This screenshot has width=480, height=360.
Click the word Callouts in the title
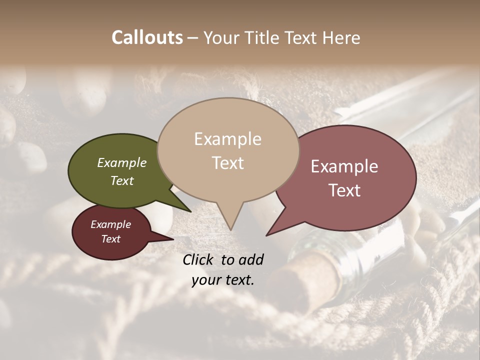147,37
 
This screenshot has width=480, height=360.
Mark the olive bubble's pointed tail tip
190,211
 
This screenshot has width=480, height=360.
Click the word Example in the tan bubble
227,139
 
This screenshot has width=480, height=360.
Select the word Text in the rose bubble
345,190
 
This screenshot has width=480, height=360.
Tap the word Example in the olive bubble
122,162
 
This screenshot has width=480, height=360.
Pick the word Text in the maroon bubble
111,239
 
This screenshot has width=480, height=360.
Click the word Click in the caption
198,259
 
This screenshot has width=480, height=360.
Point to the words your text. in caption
223,280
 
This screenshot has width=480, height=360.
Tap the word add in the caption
251,259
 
